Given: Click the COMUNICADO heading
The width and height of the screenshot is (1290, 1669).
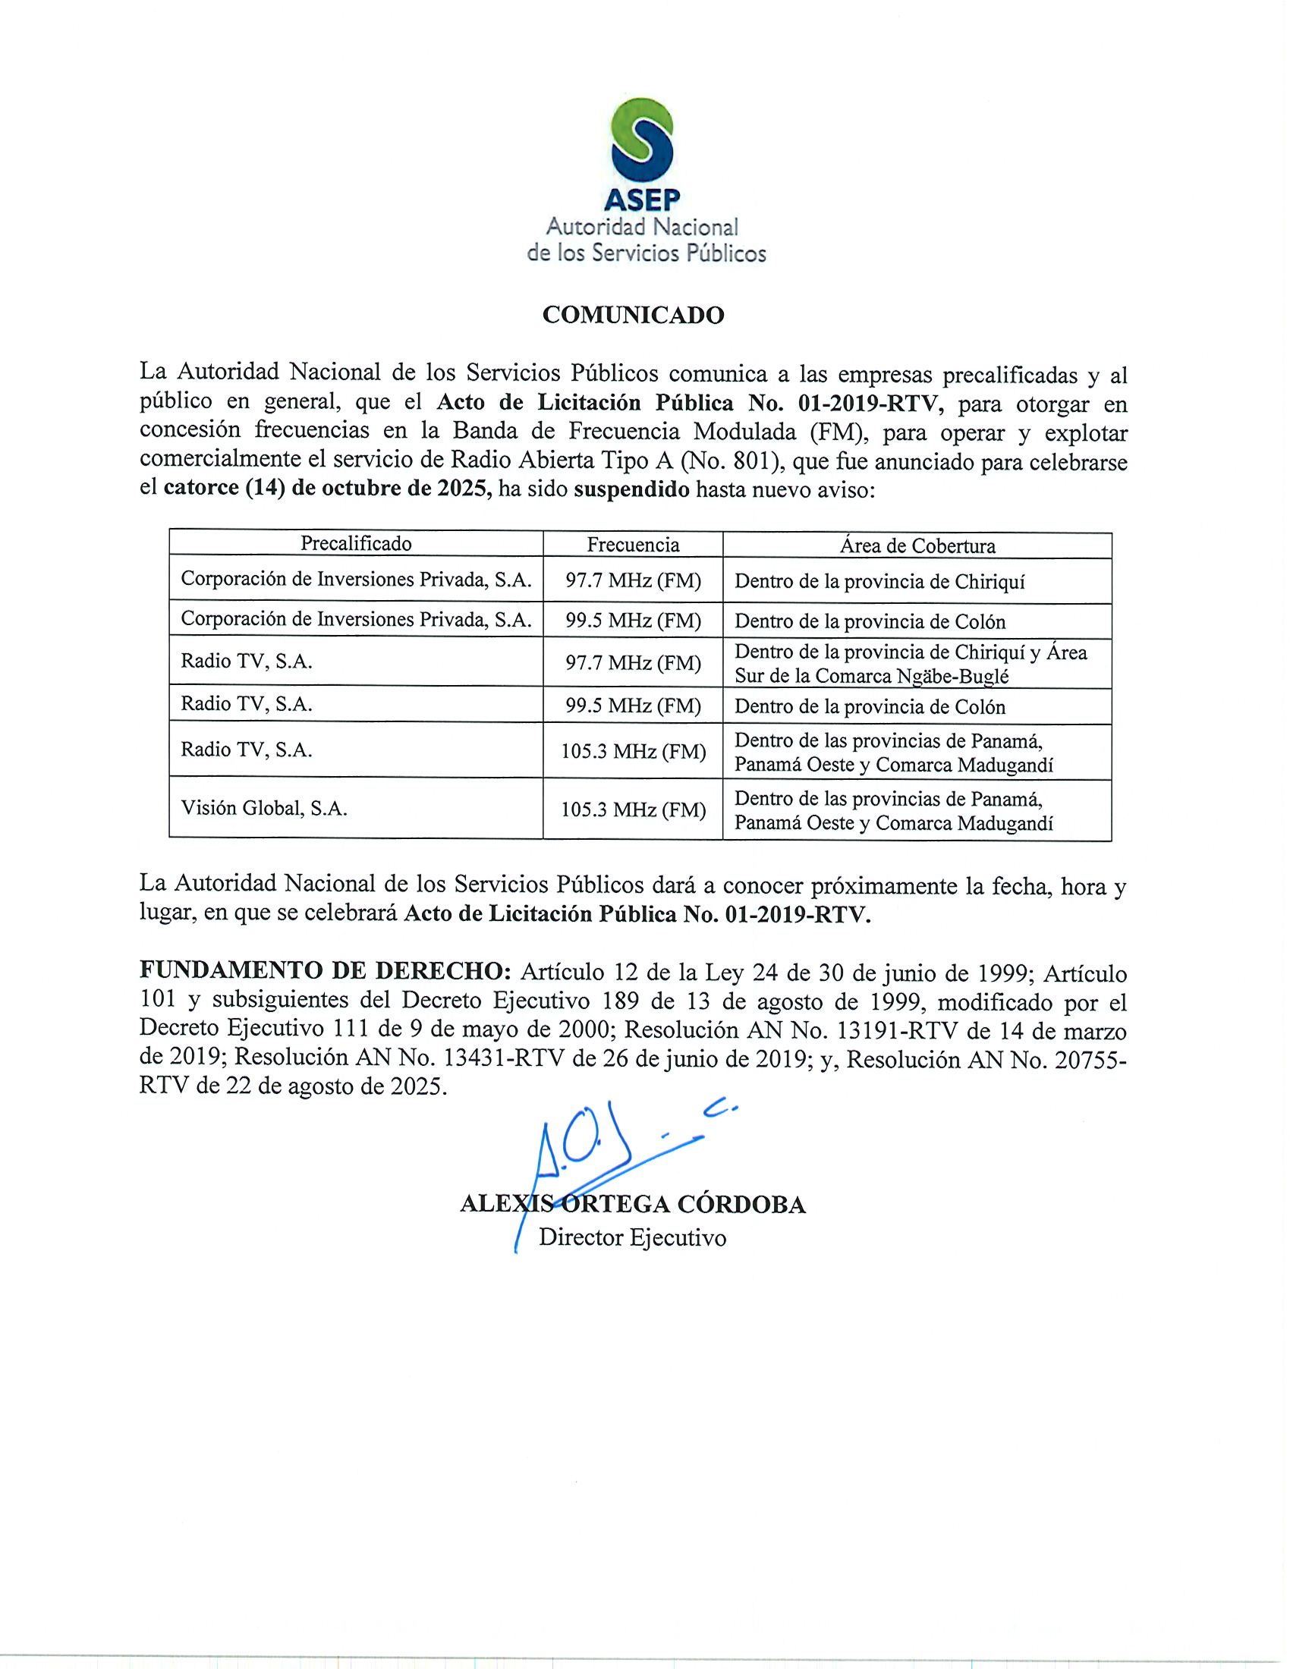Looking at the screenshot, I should (633, 315).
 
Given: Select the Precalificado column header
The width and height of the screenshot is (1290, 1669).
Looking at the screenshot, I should (355, 543).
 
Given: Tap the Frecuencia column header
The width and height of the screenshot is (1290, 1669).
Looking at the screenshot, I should (633, 544).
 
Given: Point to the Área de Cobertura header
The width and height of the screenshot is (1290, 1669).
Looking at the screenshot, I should (917, 545).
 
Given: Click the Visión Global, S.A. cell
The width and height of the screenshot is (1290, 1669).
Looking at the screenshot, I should (263, 809).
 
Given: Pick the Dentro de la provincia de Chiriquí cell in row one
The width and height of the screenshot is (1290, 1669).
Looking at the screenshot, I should (879, 582).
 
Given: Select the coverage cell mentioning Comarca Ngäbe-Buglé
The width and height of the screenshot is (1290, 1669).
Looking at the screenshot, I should (910, 664).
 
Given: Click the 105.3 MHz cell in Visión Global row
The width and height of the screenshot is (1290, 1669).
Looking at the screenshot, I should (633, 809).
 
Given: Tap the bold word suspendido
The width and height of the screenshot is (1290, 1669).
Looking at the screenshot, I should (631, 489).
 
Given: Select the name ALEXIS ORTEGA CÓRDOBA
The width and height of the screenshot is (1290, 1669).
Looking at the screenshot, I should (632, 1205).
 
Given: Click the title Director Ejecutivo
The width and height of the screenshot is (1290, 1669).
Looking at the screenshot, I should (632, 1237).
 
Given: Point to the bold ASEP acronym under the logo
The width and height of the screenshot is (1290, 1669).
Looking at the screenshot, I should (642, 200).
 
